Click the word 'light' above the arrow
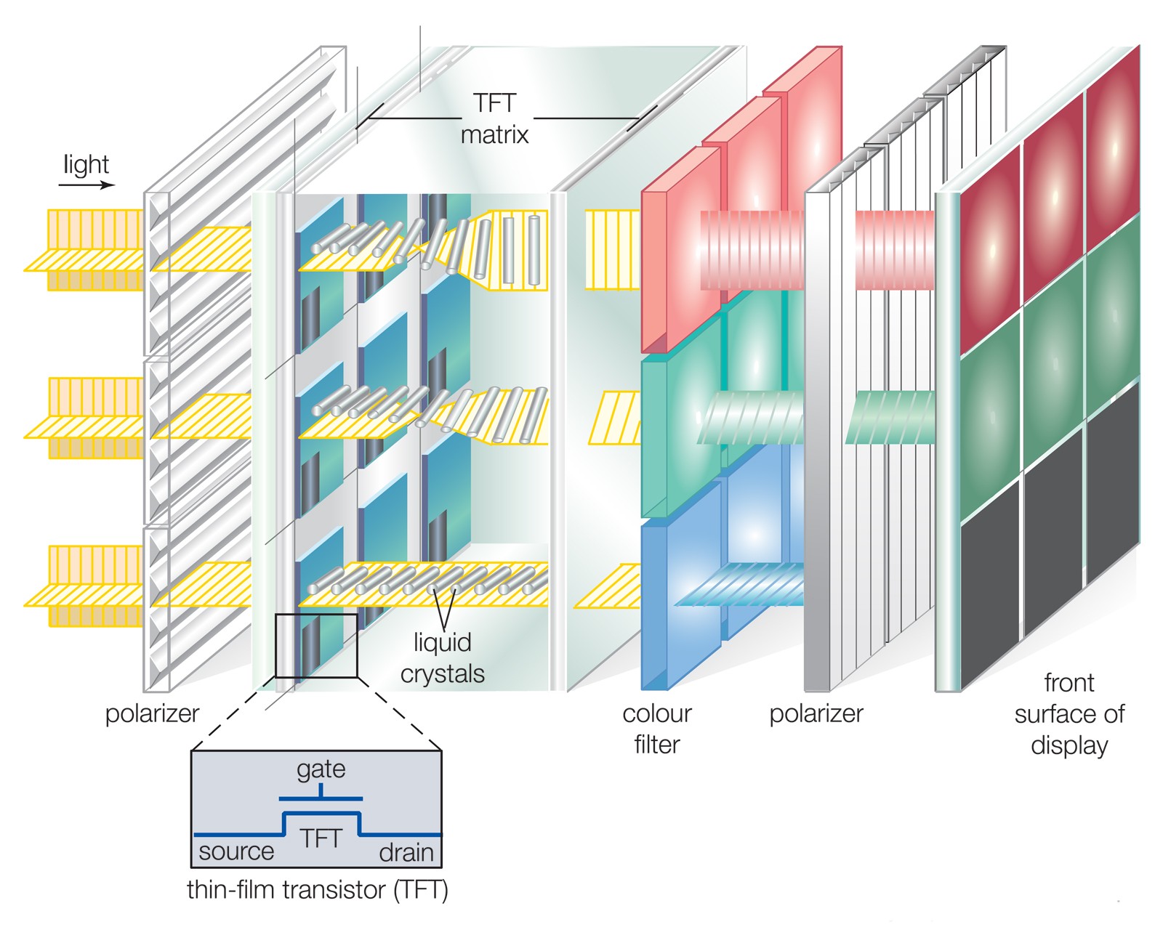point(86,165)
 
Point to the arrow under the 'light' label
point(86,185)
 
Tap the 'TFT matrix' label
point(494,118)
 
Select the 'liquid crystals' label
point(442,658)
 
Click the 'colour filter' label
point(656,729)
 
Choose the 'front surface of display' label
point(1069,714)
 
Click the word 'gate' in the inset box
point(321,769)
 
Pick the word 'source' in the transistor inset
point(236,851)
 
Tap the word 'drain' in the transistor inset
point(406,852)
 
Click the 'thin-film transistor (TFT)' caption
point(317,889)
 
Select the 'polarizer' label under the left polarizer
point(152,713)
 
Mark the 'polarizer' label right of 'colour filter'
point(816,713)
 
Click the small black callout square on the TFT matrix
point(316,646)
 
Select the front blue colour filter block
point(680,603)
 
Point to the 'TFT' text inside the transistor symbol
point(321,838)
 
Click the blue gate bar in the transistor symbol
point(321,798)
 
